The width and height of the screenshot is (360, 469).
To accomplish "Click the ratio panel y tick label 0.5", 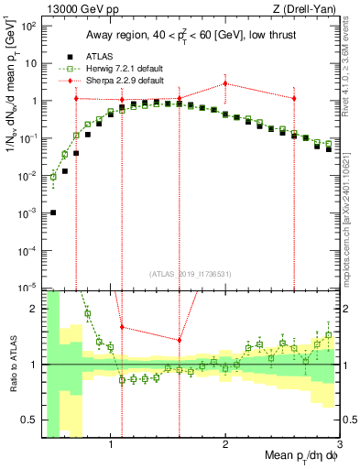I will tap(29, 420).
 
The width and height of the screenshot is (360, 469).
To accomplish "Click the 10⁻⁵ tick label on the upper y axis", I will tap(27, 288).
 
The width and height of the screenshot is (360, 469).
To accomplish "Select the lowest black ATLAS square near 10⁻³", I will tap(53, 213).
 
